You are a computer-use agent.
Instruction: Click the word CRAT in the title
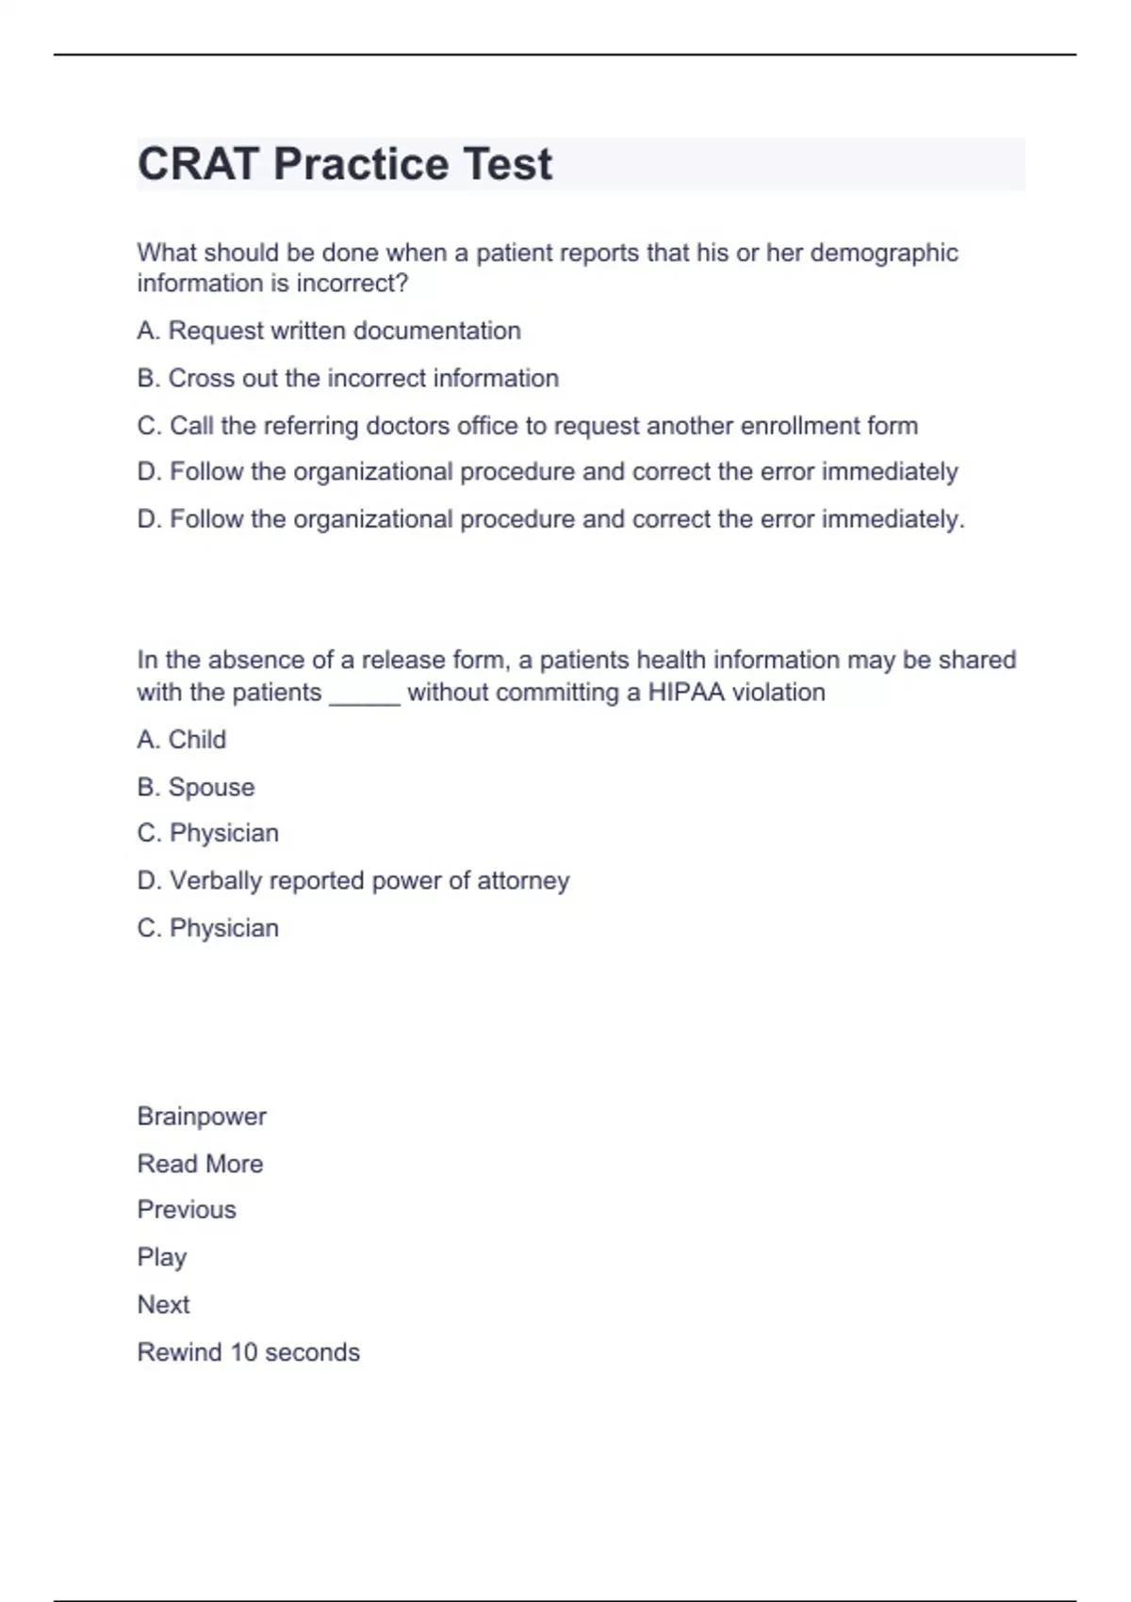198,164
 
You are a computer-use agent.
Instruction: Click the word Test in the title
507,164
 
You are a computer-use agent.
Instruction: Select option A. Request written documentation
329,331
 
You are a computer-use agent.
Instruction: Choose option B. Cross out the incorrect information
348,378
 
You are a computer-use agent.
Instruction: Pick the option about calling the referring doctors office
527,426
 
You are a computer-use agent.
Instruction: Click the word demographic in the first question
884,253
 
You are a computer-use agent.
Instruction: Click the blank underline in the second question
365,695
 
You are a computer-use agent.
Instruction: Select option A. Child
182,740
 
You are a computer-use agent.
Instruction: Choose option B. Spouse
196,787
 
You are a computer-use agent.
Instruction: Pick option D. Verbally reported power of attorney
353,880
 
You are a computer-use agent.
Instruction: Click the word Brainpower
202,1117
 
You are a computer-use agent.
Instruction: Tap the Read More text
200,1164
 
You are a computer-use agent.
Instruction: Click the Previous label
187,1210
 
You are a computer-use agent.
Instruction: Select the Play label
162,1258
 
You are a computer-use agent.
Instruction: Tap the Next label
163,1305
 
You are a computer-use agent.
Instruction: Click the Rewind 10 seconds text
249,1352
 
